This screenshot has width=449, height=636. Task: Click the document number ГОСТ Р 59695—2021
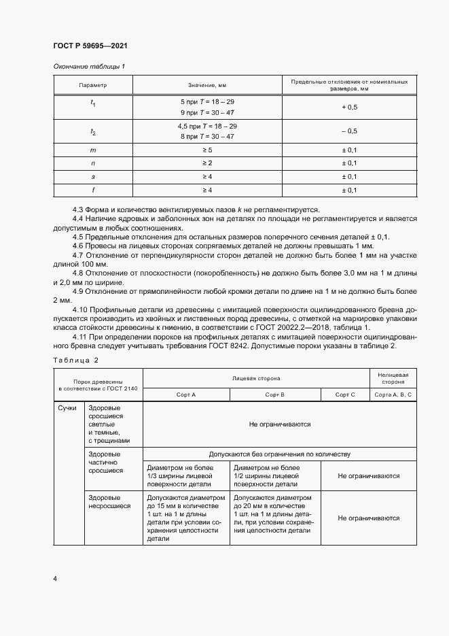pyautogui.click(x=90, y=46)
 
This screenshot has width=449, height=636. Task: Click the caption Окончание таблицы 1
pyautogui.click(x=89, y=66)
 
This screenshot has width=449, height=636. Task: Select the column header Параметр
pyautogui.click(x=93, y=86)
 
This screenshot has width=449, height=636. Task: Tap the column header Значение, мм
pyautogui.click(x=206, y=86)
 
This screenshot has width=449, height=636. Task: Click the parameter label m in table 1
pyautogui.click(x=93, y=150)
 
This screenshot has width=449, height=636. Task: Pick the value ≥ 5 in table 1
pyautogui.click(x=206, y=150)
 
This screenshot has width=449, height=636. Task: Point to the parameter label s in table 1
pyautogui.click(x=93, y=177)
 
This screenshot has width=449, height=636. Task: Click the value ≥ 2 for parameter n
pyautogui.click(x=206, y=163)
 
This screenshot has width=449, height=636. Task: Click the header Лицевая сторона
pyautogui.click(x=255, y=377)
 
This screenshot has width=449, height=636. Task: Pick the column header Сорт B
pyautogui.click(x=274, y=395)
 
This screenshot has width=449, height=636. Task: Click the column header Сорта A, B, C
pyautogui.click(x=393, y=395)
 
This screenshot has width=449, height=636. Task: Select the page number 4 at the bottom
pyautogui.click(x=55, y=578)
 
